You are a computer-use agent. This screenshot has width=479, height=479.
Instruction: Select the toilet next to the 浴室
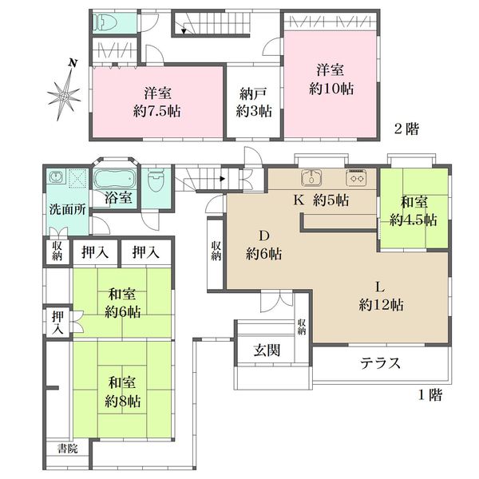tap(156, 180)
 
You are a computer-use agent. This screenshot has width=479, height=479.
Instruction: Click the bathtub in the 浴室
tap(114, 180)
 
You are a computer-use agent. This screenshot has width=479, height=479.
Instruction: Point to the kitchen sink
tap(311, 177)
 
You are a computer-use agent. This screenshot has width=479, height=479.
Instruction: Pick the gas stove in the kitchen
tap(356, 177)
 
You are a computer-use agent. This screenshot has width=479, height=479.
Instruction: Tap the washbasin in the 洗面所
tap(56, 176)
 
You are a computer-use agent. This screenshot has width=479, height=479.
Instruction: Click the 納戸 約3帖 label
tap(254, 102)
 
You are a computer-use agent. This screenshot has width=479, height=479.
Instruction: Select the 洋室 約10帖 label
tap(331, 79)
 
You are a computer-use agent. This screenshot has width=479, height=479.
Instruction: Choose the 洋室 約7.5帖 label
tap(157, 102)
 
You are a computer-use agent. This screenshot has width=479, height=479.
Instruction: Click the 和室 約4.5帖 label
tap(414, 212)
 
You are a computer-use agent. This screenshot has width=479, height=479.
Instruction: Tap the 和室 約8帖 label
tap(122, 392)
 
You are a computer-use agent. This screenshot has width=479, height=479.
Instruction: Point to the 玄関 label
tap(267, 350)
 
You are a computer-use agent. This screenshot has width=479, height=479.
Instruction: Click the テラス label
tap(380, 363)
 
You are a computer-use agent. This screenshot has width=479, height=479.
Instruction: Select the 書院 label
tap(68, 449)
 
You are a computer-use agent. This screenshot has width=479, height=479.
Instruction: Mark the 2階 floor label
tap(406, 129)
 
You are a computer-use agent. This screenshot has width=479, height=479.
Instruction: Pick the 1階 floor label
tap(430, 395)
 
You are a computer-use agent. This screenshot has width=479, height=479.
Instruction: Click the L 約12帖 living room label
tap(381, 296)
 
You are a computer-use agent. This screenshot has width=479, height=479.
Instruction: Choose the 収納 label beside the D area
tap(216, 251)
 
